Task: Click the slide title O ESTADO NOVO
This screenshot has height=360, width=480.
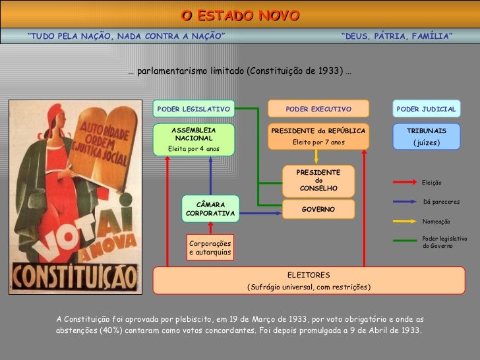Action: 239,15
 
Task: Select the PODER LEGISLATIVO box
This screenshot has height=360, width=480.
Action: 194,109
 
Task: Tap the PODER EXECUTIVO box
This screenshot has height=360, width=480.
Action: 318,109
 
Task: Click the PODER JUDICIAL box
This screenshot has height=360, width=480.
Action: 426,109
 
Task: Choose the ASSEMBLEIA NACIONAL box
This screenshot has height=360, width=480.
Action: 193,139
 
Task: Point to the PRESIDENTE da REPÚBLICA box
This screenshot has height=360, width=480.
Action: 318,136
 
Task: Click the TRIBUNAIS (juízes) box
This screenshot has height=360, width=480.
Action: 426,136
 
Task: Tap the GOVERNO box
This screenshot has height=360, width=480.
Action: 318,209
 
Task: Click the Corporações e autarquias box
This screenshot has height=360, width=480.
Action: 210,248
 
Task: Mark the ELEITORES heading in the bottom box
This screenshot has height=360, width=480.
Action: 309,274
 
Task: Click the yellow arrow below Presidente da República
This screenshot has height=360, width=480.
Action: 317,156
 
